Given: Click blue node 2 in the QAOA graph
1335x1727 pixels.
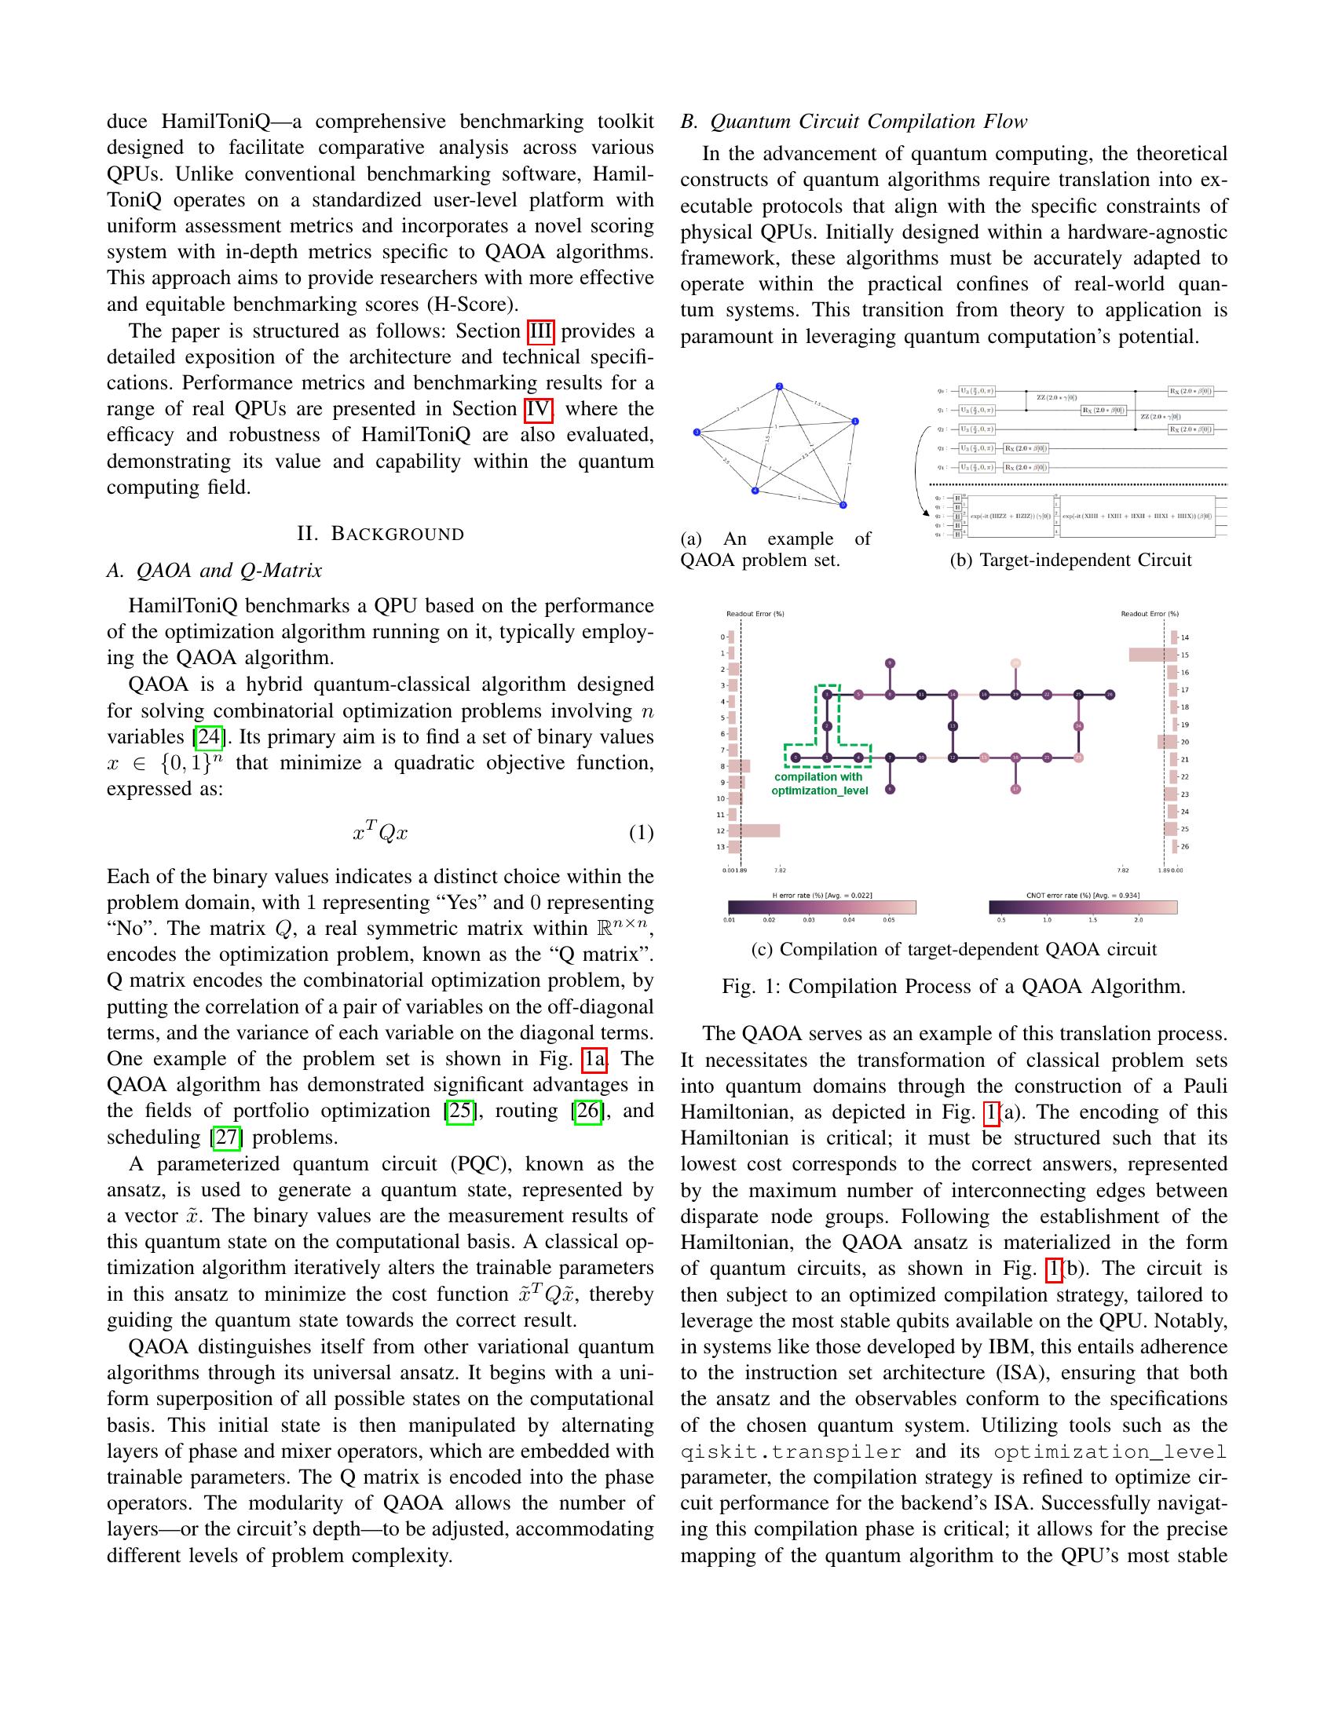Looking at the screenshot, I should (x=780, y=387).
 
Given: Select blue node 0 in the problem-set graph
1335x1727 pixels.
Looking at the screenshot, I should (x=843, y=506).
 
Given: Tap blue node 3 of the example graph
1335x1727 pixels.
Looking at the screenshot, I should (x=697, y=433).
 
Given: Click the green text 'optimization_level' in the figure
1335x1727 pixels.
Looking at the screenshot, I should (x=819, y=790).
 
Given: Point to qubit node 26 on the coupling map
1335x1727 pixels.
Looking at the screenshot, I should (x=1110, y=694).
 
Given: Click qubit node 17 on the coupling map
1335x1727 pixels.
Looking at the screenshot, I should (x=1015, y=788).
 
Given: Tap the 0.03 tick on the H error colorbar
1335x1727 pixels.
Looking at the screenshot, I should (x=808, y=920).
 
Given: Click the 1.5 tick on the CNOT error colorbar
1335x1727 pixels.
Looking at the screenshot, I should (x=1093, y=920).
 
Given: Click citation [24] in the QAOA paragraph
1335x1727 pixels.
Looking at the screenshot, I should (x=209, y=737).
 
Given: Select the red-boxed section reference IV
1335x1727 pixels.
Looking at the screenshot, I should (x=537, y=409).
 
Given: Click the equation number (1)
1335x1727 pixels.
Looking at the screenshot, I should (x=641, y=833).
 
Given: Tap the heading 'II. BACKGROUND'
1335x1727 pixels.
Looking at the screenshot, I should (x=380, y=534).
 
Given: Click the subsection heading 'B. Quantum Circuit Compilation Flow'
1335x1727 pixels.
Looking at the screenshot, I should (x=854, y=122).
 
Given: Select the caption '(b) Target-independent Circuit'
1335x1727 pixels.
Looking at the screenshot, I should (x=1070, y=560).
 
